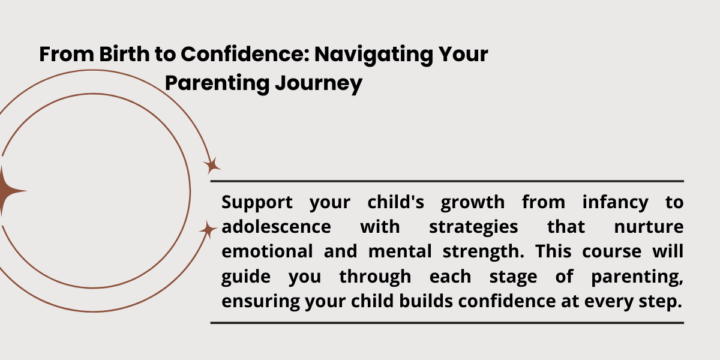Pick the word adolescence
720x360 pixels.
[x=276, y=227]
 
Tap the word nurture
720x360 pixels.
[x=649, y=227]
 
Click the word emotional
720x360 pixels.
[x=267, y=251]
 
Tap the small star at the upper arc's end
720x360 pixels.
[x=212, y=166]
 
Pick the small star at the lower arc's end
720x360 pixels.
[x=208, y=229]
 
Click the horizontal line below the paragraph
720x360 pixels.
[x=447, y=323]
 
